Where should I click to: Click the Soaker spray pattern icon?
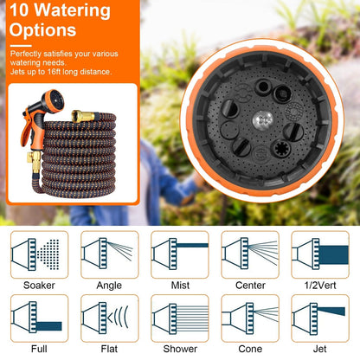click(39, 254)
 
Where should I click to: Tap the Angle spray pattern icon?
click(110, 254)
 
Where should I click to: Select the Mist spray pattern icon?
click(180, 254)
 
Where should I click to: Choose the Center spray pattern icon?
click(250, 254)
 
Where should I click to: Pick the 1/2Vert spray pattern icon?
click(320, 254)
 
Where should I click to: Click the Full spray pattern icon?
click(39, 318)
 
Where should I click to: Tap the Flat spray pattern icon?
click(110, 318)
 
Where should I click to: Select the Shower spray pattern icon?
click(180, 318)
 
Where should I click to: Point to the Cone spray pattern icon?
click(250, 318)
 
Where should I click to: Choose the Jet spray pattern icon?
click(320, 318)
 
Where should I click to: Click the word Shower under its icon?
click(180, 349)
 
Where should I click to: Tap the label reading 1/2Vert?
click(320, 286)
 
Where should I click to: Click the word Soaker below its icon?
click(39, 286)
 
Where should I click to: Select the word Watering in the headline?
click(72, 10)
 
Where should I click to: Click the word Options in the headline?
click(42, 30)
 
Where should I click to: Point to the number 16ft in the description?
click(55, 72)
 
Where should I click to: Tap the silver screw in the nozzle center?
click(263, 120)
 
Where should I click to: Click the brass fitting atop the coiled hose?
click(83, 116)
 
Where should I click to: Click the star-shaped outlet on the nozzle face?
click(280, 148)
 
